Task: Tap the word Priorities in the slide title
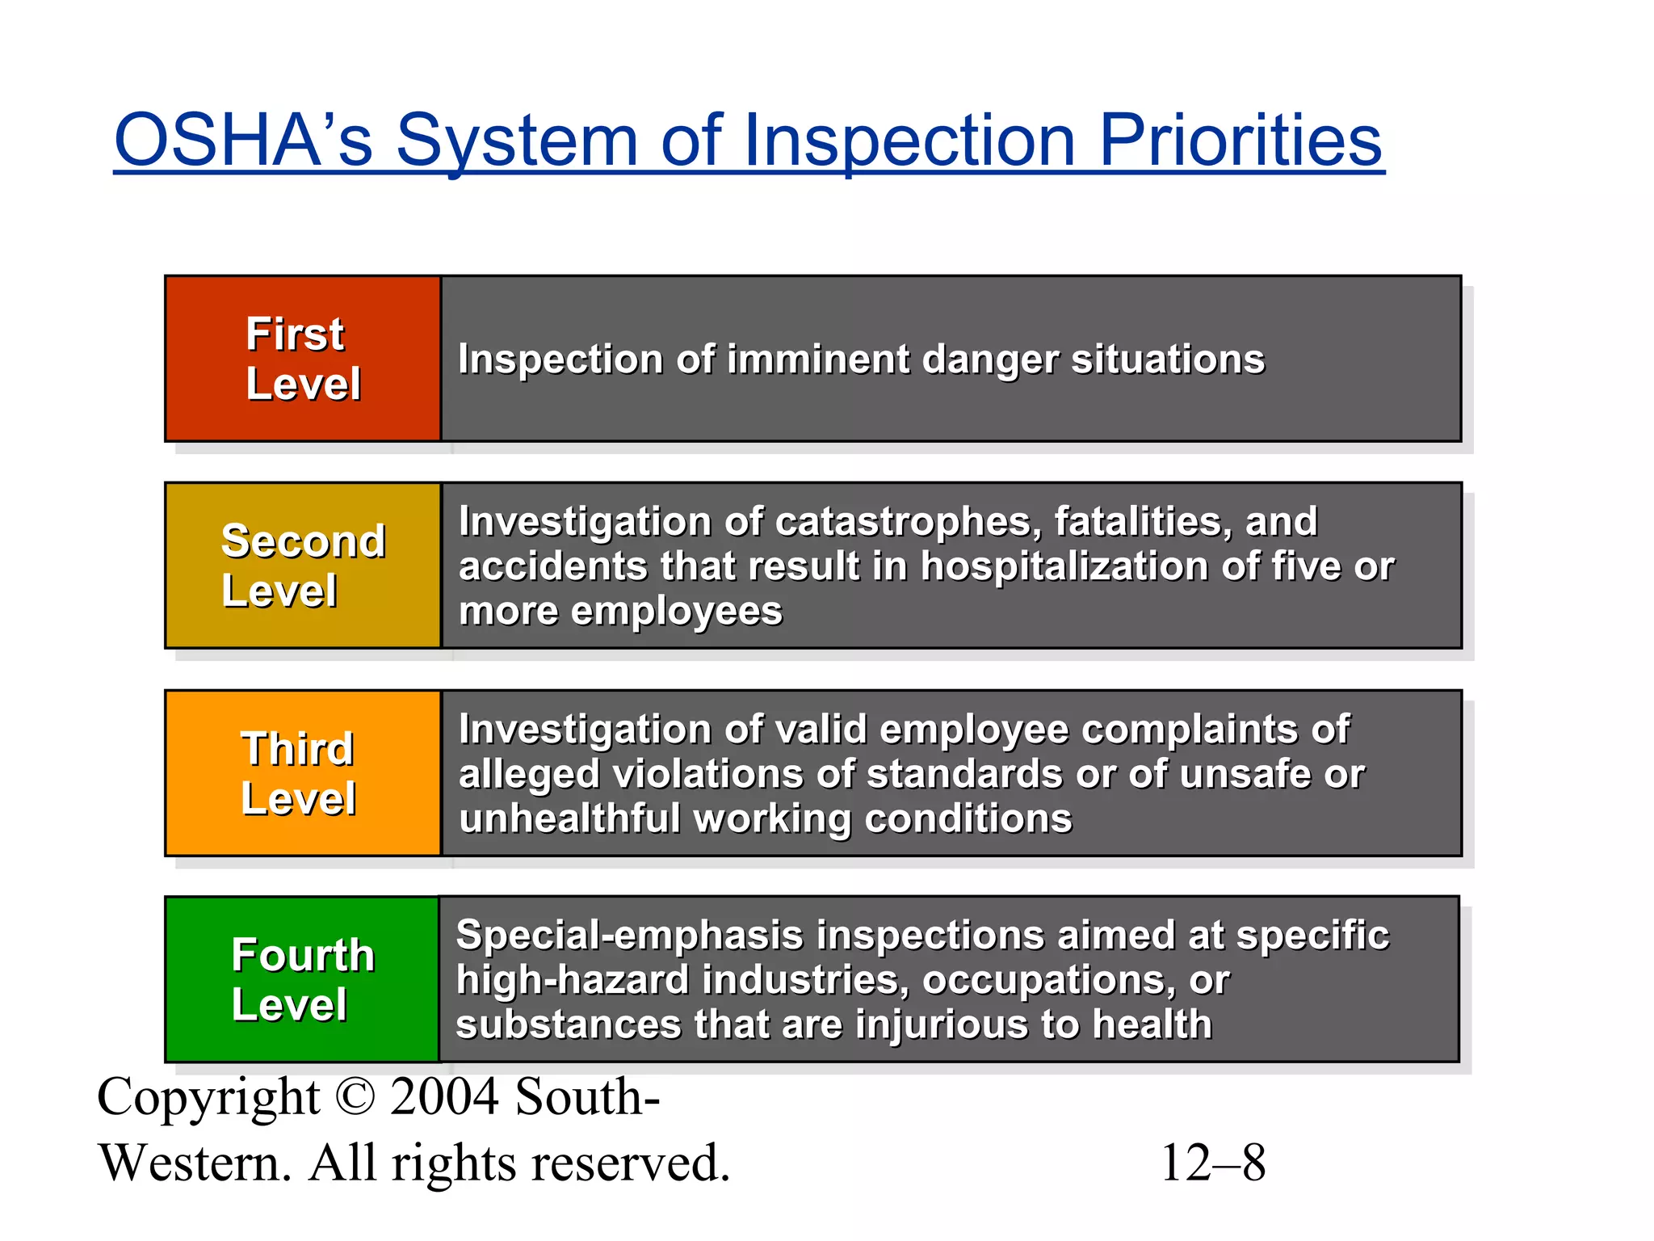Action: click(x=1241, y=141)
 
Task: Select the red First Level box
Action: click(x=303, y=359)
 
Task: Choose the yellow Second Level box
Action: click(x=303, y=566)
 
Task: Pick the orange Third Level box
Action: click(x=303, y=773)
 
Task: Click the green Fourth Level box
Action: click(x=302, y=979)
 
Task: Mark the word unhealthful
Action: click(x=569, y=818)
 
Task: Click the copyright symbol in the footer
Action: click(x=355, y=1097)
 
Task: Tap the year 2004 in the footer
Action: click(x=444, y=1097)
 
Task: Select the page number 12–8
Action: click(x=1213, y=1163)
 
